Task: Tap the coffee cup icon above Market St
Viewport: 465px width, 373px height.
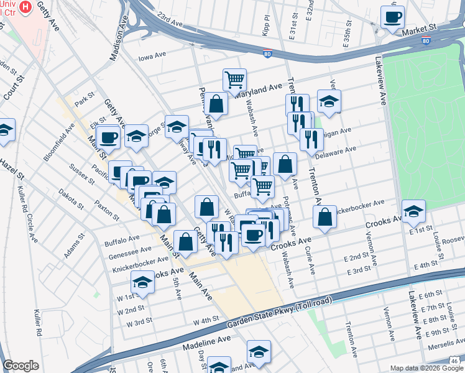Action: point(392,17)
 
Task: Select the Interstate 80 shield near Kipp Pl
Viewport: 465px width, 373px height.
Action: point(267,54)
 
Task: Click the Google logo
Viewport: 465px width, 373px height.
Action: point(21,366)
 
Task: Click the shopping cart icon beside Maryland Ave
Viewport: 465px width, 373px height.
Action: point(234,79)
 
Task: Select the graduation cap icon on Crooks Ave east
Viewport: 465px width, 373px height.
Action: point(413,211)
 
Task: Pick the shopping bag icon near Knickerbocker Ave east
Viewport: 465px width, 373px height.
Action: point(325,216)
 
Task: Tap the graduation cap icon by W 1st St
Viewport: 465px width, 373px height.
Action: point(142,283)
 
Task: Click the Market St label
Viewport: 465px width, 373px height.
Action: point(417,30)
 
